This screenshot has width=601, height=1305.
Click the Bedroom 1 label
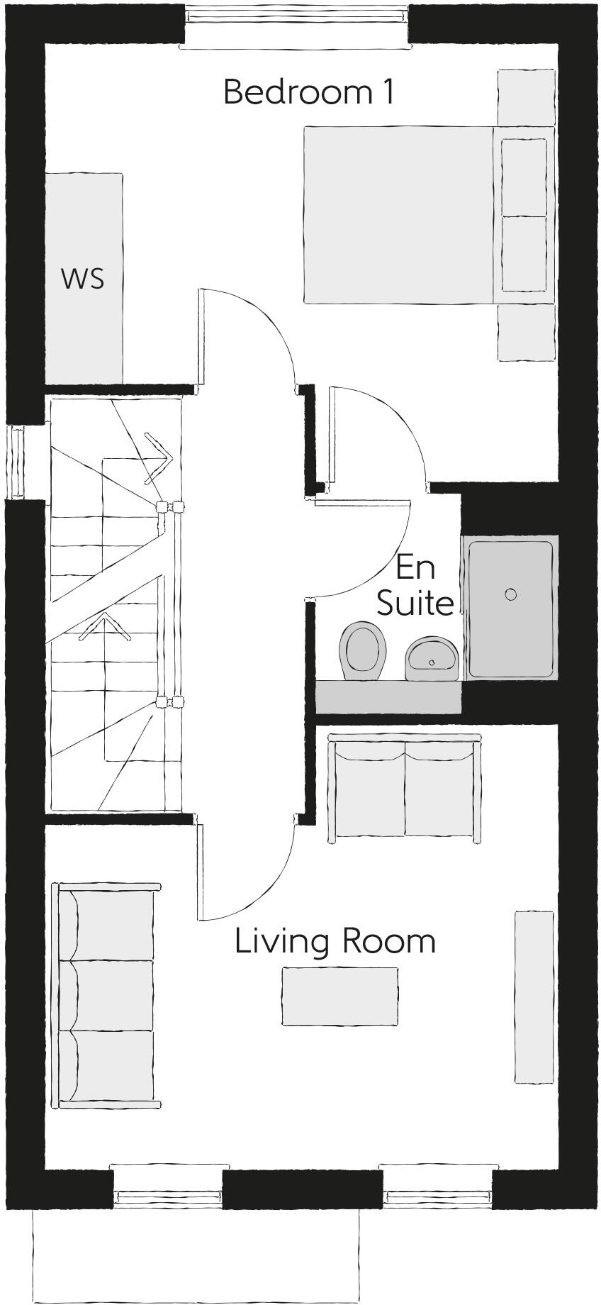(308, 93)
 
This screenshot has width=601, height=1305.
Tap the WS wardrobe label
(83, 279)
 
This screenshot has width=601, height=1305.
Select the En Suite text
(415, 585)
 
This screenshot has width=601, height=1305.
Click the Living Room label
(335, 941)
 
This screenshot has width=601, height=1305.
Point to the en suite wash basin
(432, 658)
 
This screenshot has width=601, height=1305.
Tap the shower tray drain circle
(511, 594)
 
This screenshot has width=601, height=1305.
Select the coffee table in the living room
(339, 996)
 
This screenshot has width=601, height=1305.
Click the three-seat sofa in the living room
(106, 995)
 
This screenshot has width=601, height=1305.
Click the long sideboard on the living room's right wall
(534, 996)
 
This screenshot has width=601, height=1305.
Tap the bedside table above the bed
(526, 97)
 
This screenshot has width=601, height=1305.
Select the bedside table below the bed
(526, 333)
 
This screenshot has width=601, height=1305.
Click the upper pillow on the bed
(524, 177)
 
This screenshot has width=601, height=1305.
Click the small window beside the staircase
(16, 461)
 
